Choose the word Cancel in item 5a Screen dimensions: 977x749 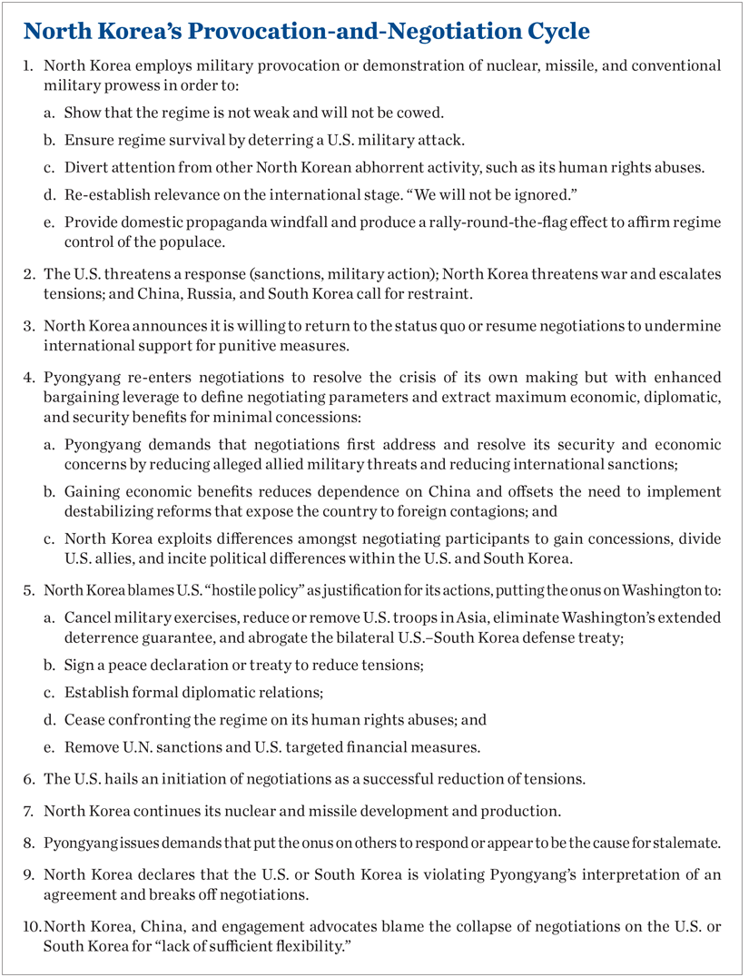(87, 617)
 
